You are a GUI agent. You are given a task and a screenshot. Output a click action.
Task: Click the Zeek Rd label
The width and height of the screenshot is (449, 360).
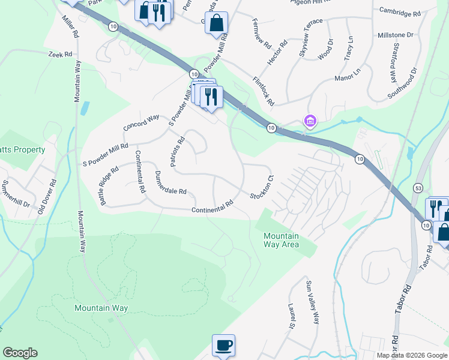61,55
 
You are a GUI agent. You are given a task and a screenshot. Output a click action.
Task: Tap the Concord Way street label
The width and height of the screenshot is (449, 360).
141,122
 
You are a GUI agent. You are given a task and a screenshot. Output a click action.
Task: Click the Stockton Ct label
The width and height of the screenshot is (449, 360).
262,187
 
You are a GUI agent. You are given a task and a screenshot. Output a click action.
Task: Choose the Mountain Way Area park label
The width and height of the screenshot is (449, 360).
281,239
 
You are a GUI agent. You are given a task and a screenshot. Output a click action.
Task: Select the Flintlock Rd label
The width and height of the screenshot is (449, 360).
264,91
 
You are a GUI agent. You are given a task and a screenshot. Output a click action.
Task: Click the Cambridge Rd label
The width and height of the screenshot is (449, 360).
400,11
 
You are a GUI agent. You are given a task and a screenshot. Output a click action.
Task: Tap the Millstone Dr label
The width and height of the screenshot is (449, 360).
396,35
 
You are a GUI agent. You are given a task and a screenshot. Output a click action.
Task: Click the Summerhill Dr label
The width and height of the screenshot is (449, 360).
17,193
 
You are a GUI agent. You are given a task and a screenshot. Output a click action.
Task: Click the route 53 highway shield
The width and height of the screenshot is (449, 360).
417,188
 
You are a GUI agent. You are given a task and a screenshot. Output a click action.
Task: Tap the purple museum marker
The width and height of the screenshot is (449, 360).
310,122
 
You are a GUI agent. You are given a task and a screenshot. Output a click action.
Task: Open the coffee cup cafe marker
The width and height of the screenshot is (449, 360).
223,345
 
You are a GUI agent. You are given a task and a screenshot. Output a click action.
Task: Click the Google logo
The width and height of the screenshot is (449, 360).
20,353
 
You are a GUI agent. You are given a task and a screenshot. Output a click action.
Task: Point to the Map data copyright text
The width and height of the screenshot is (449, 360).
411,355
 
